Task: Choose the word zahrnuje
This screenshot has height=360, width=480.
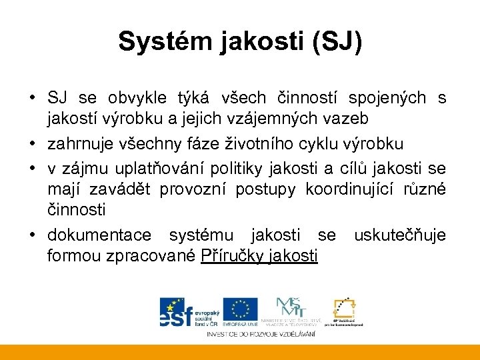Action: [79, 143]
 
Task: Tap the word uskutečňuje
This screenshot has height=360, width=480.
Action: [400, 235]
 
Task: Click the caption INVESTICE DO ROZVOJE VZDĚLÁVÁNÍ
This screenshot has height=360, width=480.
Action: [261, 333]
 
